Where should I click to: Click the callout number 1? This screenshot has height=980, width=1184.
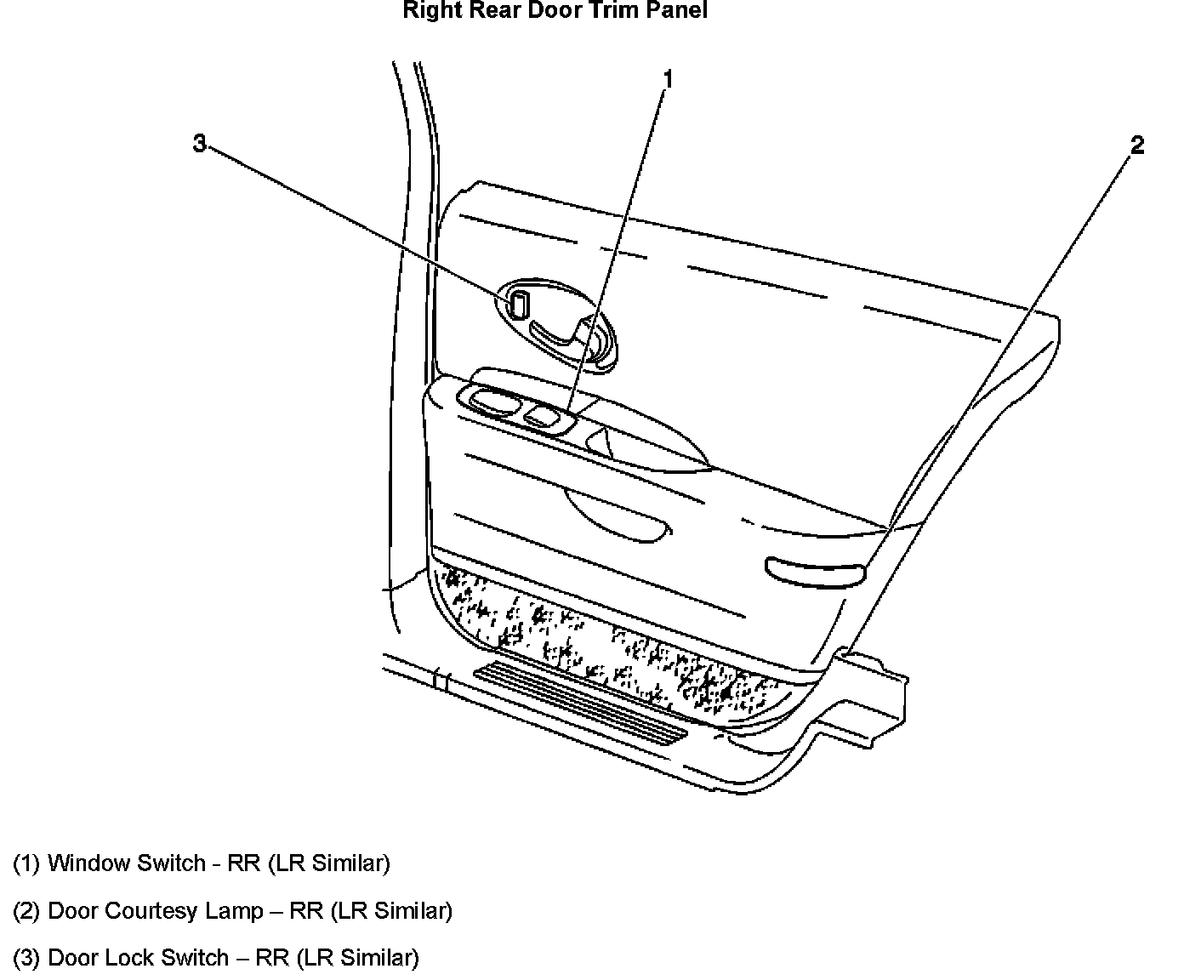click(x=668, y=80)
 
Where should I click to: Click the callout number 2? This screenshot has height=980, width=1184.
click(x=1137, y=145)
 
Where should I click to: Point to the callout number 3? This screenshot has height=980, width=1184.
click(x=199, y=144)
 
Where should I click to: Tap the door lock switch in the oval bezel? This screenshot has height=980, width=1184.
click(x=519, y=303)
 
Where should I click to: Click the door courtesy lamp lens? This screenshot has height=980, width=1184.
click(x=815, y=571)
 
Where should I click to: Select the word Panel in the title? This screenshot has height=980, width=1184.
click(x=675, y=11)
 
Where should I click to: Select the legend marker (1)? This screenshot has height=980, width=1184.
click(x=26, y=863)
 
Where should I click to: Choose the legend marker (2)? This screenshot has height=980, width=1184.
click(x=26, y=911)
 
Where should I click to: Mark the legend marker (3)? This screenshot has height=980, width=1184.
click(x=26, y=959)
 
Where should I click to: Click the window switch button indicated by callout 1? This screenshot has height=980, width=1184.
click(x=539, y=416)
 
